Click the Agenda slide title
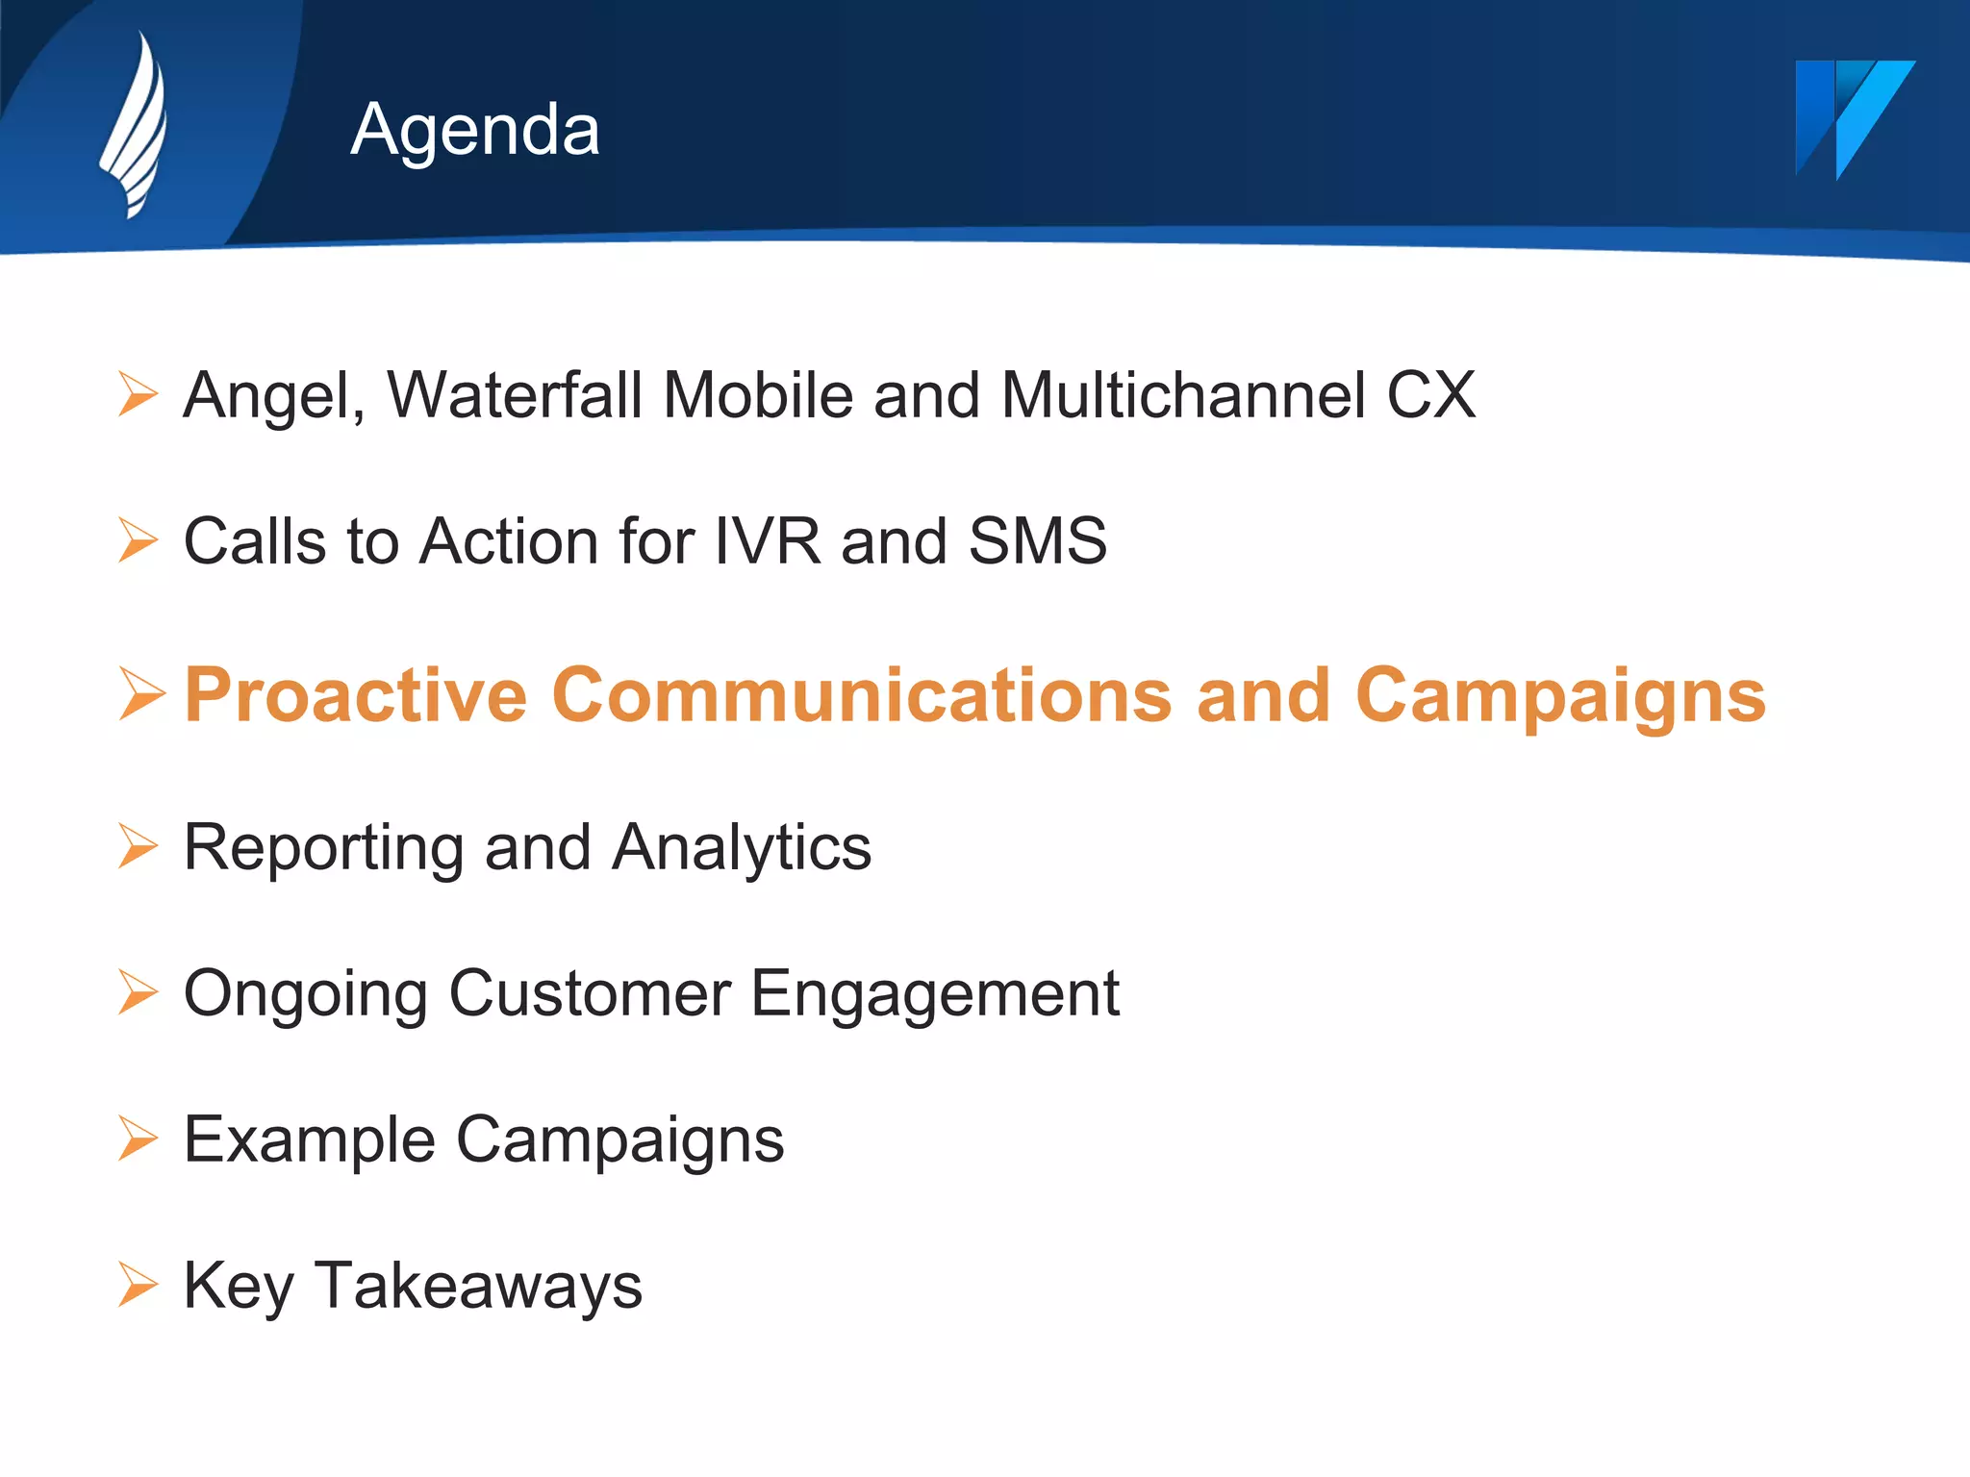(x=475, y=130)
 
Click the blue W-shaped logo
(x=1853, y=117)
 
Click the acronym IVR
(x=768, y=541)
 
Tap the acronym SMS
(x=1037, y=541)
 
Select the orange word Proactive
(x=356, y=695)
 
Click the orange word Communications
(x=862, y=695)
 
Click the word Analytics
(x=742, y=849)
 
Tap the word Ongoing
(x=306, y=995)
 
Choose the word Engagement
(x=935, y=995)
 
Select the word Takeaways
(x=478, y=1286)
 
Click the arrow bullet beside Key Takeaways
(x=138, y=1286)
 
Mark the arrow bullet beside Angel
(x=138, y=394)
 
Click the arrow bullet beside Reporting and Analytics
(x=138, y=846)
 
